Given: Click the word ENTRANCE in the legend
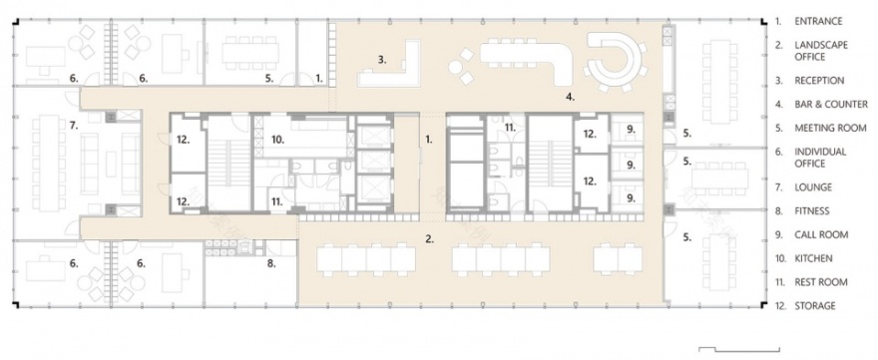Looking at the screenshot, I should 819,20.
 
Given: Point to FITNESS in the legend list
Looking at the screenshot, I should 812,210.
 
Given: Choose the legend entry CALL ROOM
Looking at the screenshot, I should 820,234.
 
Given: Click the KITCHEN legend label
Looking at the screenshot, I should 813,258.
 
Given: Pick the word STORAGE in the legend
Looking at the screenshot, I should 814,306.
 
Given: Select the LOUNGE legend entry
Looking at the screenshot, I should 812,186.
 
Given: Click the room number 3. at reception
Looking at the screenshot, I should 382,60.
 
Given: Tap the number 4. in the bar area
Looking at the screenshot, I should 570,97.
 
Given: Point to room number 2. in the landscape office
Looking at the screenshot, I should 430,238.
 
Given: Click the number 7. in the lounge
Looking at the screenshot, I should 74,126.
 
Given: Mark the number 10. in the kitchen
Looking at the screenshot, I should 279,141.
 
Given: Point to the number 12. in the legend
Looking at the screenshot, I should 779,306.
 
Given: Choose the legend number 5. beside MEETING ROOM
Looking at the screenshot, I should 777,128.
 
